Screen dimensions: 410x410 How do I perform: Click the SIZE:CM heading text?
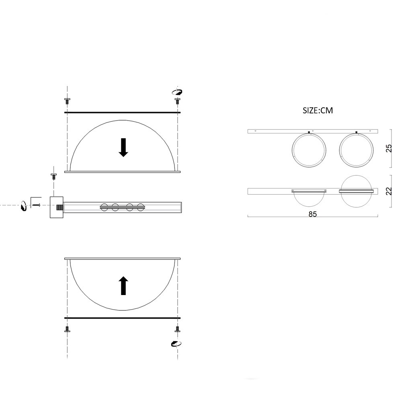coord(318,111)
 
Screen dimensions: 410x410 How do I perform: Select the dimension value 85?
coord(312,214)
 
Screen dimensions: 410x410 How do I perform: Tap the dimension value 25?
coord(389,148)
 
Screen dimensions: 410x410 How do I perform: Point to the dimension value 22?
coord(389,191)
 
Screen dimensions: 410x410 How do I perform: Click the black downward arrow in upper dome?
coord(123,148)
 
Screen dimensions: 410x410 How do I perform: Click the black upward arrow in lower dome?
coord(123,285)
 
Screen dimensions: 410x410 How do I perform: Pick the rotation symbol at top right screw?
coord(177,92)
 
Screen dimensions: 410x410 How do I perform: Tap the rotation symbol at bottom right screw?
coord(176,344)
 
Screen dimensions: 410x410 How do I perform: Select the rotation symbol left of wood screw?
coord(24,205)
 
